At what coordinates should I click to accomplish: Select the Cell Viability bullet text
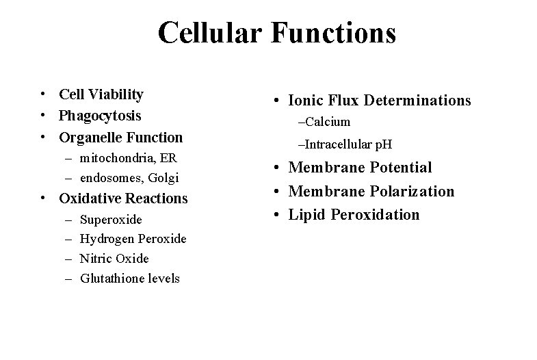click(101, 94)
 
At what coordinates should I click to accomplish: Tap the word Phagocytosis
click(100, 116)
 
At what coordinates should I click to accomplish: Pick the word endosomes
click(112, 178)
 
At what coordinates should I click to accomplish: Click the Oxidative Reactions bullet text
click(123, 198)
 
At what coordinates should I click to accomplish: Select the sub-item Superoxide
click(111, 220)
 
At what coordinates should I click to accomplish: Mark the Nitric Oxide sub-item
click(114, 259)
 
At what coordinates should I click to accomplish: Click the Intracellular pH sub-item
click(348, 144)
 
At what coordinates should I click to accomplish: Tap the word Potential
click(400, 168)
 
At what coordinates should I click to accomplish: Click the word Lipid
click(307, 215)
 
